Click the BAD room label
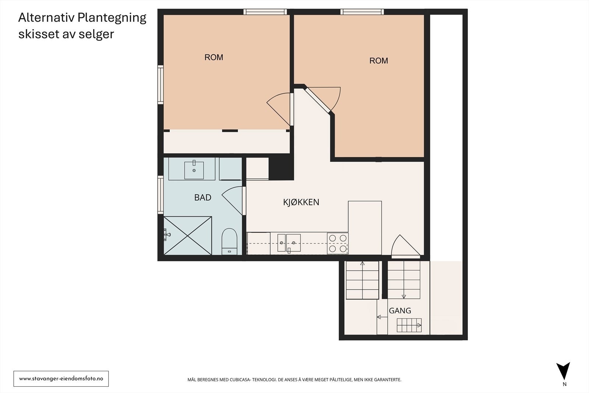pos(203,197)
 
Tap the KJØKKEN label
pos(301,202)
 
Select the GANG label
pos(400,310)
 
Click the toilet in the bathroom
pos(229,241)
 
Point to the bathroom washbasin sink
pos(194,170)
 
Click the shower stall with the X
pos(188,235)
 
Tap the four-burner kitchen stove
pos(338,243)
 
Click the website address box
pos(61,379)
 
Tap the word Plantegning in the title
pos(112,18)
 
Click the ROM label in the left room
pos(214,57)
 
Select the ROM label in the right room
pos(379,61)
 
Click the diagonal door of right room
pos(317,100)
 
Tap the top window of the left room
pos(265,12)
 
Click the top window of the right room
pos(362,12)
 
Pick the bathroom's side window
pos(161,195)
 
